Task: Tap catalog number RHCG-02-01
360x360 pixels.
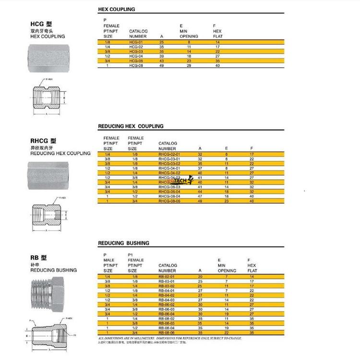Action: (168, 155)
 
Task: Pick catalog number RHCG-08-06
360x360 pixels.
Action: (168, 201)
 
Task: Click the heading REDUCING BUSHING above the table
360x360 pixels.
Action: (123, 243)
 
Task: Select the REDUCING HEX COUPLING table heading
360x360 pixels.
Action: (131, 126)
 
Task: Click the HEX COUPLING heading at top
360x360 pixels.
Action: (116, 9)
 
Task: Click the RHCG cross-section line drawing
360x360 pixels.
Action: (47, 213)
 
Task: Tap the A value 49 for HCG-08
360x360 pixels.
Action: (162, 65)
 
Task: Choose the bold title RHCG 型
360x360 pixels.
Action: (43, 141)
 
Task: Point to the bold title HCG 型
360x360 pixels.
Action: (41, 24)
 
